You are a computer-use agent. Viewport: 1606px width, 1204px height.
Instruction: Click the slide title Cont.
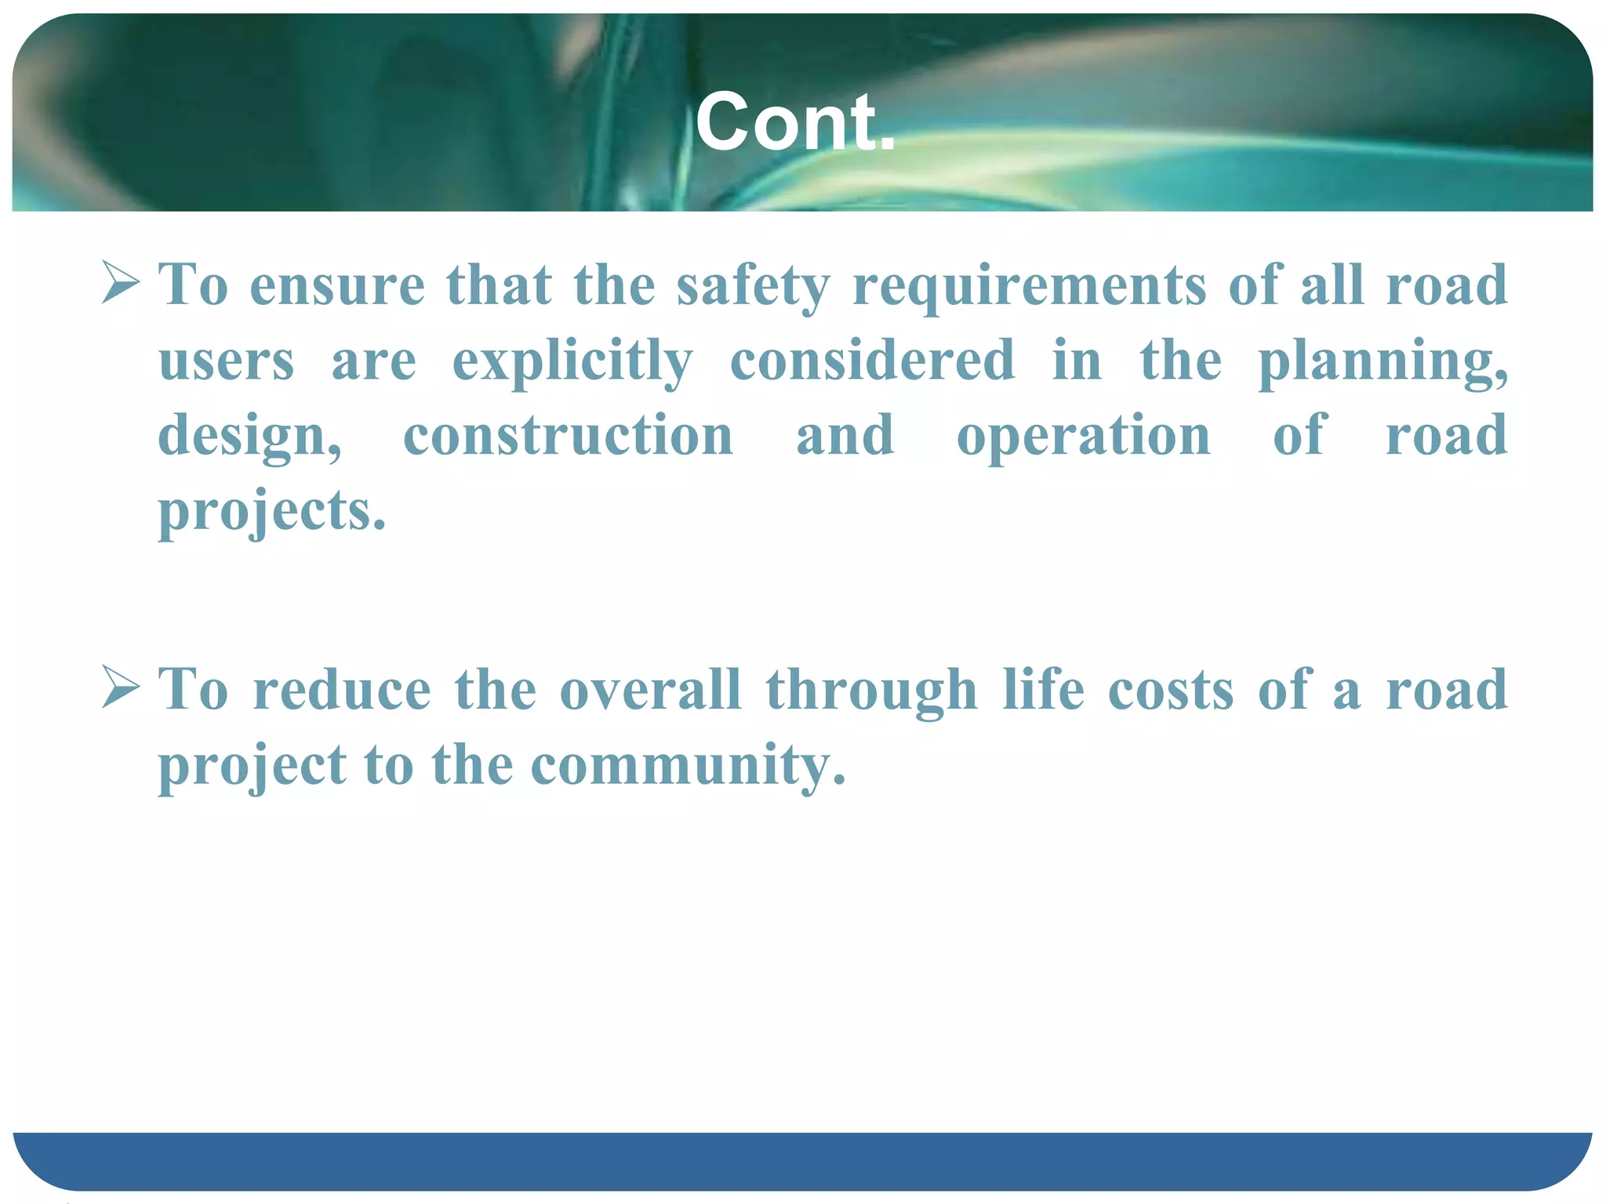point(795,122)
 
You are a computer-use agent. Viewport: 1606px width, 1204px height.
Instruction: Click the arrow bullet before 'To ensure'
point(121,284)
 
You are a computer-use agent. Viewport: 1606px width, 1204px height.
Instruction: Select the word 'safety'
point(753,285)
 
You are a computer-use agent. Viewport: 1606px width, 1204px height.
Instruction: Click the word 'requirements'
point(1029,285)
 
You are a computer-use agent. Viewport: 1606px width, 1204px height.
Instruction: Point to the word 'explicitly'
point(572,361)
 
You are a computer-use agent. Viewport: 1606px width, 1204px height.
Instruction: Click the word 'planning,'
point(1383,361)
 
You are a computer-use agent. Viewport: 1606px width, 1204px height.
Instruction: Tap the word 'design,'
point(250,437)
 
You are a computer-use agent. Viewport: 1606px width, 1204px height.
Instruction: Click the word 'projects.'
point(272,511)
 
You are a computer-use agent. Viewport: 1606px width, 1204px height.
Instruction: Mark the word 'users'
point(227,361)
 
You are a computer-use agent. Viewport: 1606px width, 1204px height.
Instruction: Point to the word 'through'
point(871,691)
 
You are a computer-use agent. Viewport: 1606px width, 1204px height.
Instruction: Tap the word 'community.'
point(688,765)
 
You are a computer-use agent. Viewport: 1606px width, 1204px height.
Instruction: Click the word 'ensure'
point(337,285)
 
